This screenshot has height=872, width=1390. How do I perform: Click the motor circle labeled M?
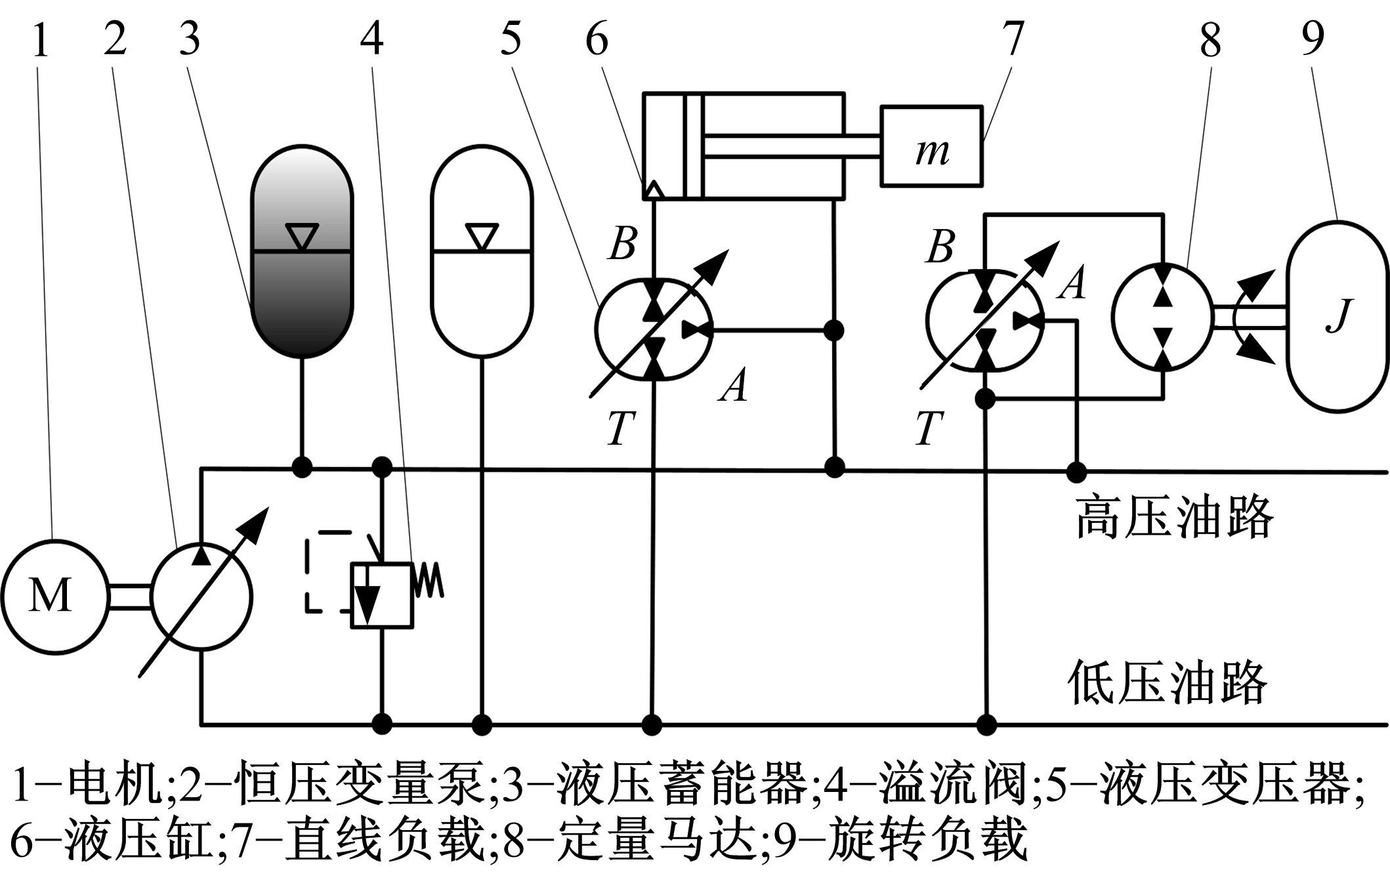point(54,596)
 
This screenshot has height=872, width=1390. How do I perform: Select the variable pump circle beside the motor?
point(201,596)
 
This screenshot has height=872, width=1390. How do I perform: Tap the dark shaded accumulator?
point(302,251)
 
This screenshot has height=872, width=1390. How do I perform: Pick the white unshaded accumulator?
point(482,251)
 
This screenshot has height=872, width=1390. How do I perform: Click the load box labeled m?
point(931,146)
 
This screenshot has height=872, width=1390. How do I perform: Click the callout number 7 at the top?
point(1013,39)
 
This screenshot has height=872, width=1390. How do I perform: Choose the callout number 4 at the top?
point(371,39)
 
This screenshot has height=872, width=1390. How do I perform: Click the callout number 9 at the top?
point(1313,39)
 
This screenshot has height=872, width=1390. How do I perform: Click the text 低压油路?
point(1168,682)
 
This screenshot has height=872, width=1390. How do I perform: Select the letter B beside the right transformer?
point(940,247)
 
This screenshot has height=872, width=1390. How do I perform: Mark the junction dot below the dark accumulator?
point(302,468)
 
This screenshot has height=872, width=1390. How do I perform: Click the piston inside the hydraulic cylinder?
point(692,146)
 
